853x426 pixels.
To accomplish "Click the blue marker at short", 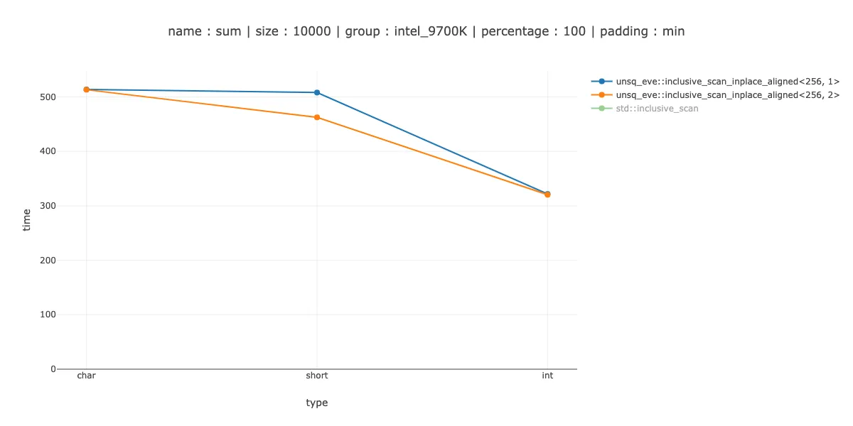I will click(x=317, y=92).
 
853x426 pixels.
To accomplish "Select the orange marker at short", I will click(x=317, y=117).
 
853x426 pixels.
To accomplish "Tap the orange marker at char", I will click(x=86, y=89).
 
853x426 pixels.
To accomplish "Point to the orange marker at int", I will click(x=547, y=195).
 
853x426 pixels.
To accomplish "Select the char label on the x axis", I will click(x=86, y=376).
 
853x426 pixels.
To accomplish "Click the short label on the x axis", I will click(x=317, y=376).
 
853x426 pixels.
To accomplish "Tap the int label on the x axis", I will click(x=547, y=376).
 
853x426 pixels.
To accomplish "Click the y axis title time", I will click(x=27, y=219).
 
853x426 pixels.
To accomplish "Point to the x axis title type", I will click(x=317, y=403).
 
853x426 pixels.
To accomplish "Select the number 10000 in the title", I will click(x=311, y=31).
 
